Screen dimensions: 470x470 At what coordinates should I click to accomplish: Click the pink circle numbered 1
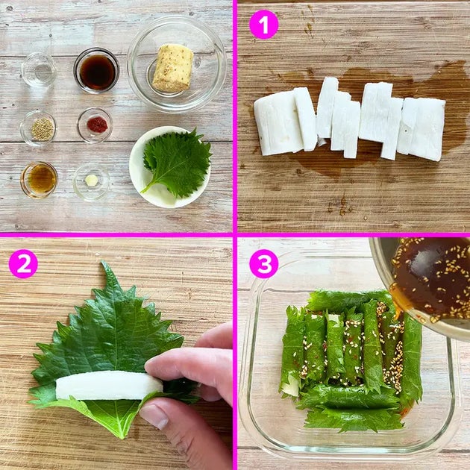pyautogui.click(x=264, y=25)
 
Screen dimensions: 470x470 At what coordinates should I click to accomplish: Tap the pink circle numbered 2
pyautogui.click(x=23, y=264)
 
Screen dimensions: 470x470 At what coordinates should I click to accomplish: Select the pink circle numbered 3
pyautogui.click(x=264, y=264)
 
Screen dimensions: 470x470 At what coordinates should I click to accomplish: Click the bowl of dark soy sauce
pyautogui.click(x=96, y=71)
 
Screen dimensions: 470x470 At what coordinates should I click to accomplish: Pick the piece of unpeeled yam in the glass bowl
pyautogui.click(x=173, y=69)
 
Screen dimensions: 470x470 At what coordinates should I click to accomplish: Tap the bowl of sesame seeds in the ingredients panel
pyautogui.click(x=38, y=128)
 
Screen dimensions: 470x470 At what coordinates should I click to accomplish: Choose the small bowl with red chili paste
pyautogui.click(x=95, y=125)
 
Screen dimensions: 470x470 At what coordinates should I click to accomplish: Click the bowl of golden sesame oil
pyautogui.click(x=39, y=180)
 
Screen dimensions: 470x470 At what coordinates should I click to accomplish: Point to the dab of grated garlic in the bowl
pyautogui.click(x=92, y=180)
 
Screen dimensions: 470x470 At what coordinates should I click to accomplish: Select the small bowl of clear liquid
pyautogui.click(x=39, y=70)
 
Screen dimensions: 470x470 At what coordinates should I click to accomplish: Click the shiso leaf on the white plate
pyautogui.click(x=176, y=163)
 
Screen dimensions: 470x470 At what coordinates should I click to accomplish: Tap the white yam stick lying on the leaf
pyautogui.click(x=109, y=385)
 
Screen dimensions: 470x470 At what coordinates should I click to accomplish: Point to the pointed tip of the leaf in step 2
pyautogui.click(x=103, y=262)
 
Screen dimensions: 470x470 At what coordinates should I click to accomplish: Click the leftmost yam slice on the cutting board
pyautogui.click(x=278, y=124)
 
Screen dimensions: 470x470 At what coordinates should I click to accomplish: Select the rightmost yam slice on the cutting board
pyautogui.click(x=422, y=129)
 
